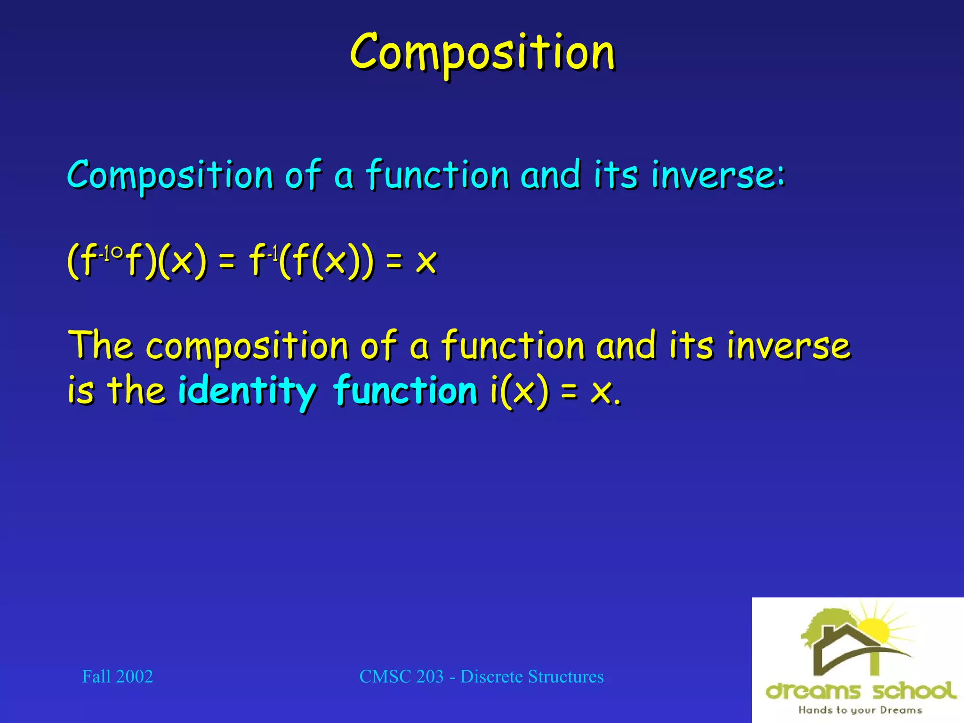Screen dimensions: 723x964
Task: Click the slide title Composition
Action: pos(482,53)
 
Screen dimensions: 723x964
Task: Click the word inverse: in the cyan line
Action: pos(718,175)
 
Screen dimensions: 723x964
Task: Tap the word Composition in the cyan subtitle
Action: pos(170,175)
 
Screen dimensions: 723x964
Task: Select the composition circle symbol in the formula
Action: pos(117,253)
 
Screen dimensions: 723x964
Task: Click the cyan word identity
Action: pos(247,391)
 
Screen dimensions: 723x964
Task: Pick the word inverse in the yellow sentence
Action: pos(788,345)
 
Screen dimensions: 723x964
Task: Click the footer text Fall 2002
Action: pos(117,676)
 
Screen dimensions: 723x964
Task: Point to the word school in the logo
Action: pos(914,691)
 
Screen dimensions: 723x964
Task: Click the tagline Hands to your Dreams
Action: pos(860,710)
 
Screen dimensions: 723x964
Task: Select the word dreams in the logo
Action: pos(813,691)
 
